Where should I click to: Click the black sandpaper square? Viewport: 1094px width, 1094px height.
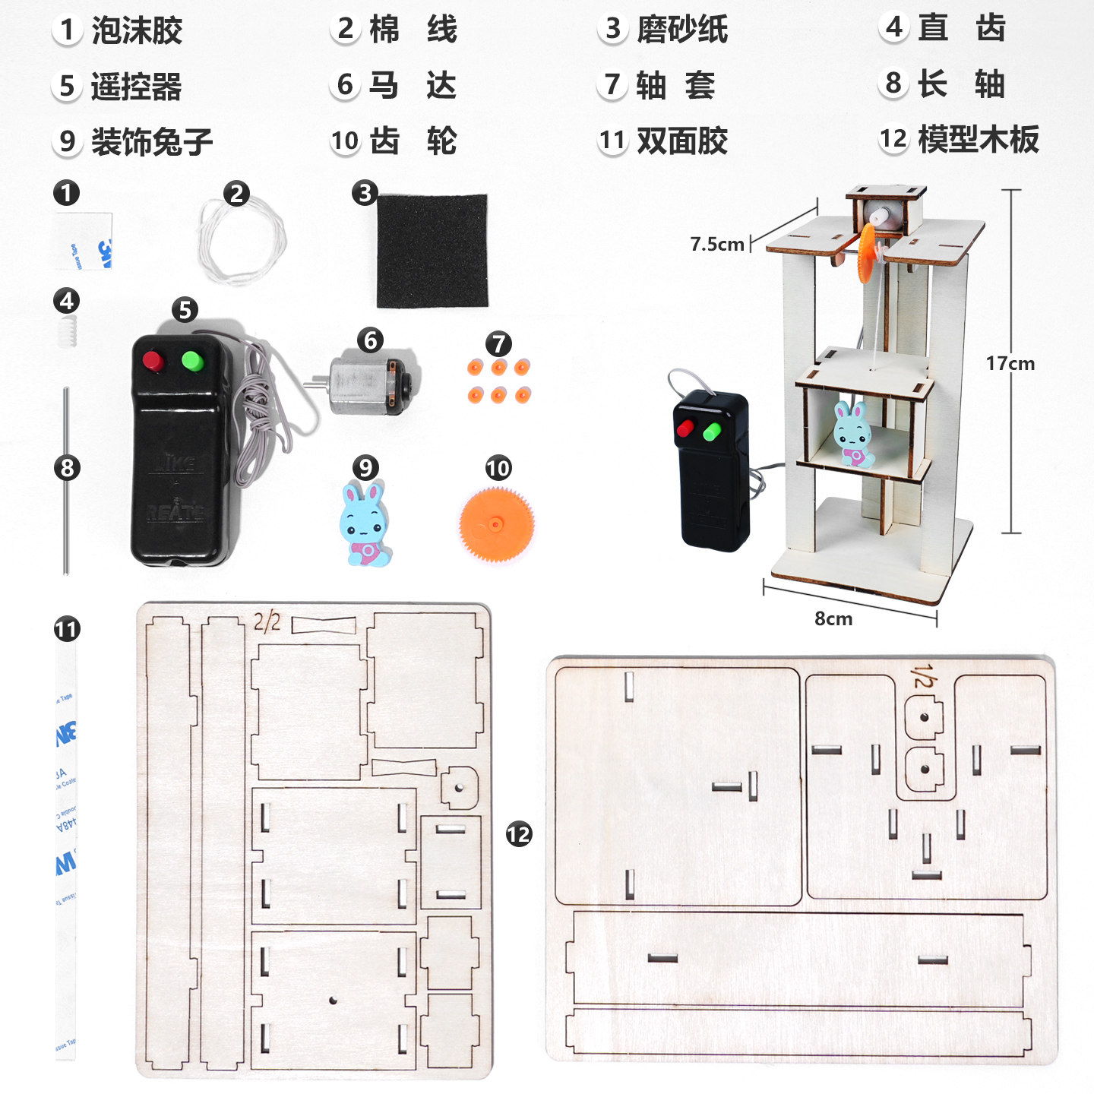(x=432, y=251)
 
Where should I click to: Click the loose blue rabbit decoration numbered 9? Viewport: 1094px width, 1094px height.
(x=365, y=524)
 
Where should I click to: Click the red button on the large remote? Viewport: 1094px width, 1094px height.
(x=153, y=360)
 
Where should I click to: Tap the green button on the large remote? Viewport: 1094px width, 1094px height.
(x=192, y=359)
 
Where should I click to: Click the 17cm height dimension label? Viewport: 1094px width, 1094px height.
(x=1010, y=363)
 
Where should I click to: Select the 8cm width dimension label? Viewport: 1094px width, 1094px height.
(x=833, y=618)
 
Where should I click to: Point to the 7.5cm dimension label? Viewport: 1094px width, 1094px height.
(x=716, y=244)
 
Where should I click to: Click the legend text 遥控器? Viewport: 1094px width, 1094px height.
(x=137, y=87)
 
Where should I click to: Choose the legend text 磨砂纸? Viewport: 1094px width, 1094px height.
(x=681, y=30)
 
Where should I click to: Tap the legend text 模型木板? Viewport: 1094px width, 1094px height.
(x=978, y=140)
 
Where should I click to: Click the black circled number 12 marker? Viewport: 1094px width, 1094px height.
(x=519, y=834)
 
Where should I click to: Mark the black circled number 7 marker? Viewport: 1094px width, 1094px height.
(x=498, y=343)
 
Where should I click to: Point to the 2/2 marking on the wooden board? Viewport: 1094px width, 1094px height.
(x=267, y=623)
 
